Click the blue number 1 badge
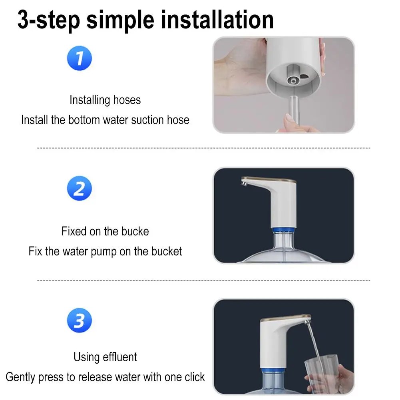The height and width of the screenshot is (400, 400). point(79,58)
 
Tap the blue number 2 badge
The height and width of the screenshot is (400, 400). point(79,188)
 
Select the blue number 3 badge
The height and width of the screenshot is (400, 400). point(79,320)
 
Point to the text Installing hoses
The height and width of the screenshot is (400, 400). point(105,100)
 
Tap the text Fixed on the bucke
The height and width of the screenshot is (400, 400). point(105,231)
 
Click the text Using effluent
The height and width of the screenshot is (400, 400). point(105,356)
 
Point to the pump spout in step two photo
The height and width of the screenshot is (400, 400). point(245,183)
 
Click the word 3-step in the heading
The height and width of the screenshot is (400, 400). point(48,20)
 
